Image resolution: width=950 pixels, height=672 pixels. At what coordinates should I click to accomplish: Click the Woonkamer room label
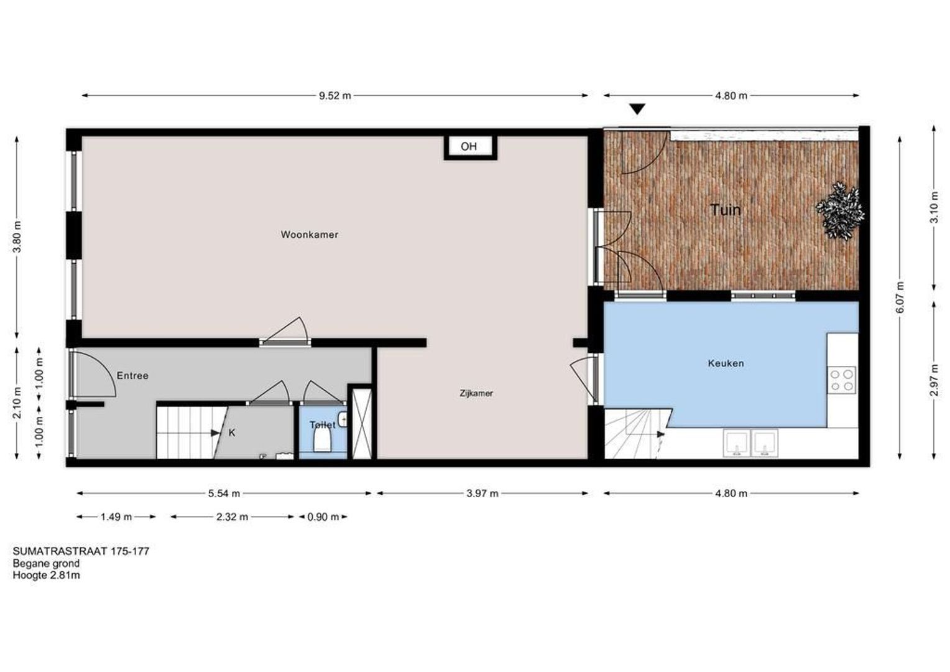310,235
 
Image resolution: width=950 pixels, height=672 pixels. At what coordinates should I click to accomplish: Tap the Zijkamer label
476,393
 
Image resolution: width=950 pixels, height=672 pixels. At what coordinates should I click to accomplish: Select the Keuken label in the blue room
726,363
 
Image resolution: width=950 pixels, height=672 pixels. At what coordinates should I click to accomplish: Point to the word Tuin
726,210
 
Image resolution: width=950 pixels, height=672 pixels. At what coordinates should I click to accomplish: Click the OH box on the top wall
469,147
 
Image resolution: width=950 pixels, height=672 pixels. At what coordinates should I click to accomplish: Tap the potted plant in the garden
841,209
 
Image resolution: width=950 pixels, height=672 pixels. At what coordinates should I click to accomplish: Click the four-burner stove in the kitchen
841,380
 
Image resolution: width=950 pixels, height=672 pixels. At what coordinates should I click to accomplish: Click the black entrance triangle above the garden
637,110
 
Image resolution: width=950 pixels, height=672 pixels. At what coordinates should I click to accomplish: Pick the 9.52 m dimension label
335,96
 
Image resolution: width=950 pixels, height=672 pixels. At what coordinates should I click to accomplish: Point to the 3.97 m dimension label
482,493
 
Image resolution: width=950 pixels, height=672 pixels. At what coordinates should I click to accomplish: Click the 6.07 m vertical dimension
900,298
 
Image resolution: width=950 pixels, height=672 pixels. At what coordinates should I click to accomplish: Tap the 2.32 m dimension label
232,516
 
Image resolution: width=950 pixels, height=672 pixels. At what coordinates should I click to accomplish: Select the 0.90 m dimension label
323,516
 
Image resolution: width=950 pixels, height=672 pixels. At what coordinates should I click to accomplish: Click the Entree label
132,376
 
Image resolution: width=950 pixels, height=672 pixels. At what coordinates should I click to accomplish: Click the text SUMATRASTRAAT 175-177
81,551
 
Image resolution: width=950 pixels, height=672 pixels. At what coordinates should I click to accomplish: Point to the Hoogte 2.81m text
47,575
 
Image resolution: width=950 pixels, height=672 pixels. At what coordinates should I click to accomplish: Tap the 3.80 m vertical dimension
17,236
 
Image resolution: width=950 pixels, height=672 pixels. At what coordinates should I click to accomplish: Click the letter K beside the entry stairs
232,432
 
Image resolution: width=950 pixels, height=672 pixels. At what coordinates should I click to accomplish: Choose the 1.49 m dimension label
116,516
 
